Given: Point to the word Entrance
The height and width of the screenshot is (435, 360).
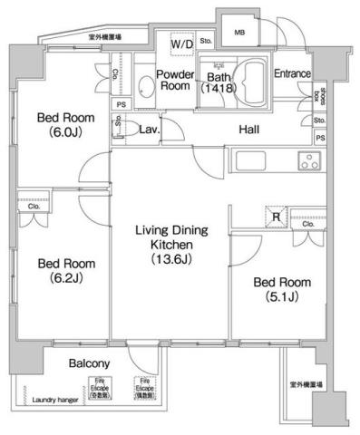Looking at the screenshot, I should [x=293, y=73].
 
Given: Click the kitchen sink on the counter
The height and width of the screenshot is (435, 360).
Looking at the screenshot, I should [x=252, y=163].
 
